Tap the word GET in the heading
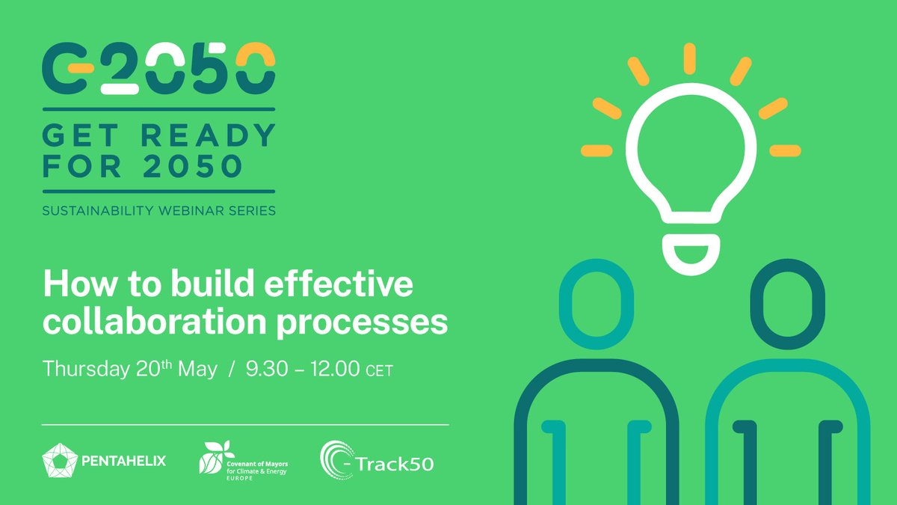tap(81, 136)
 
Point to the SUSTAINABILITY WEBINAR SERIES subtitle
tap(158, 210)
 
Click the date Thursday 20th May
tap(130, 369)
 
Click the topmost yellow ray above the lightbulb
tap(689, 58)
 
